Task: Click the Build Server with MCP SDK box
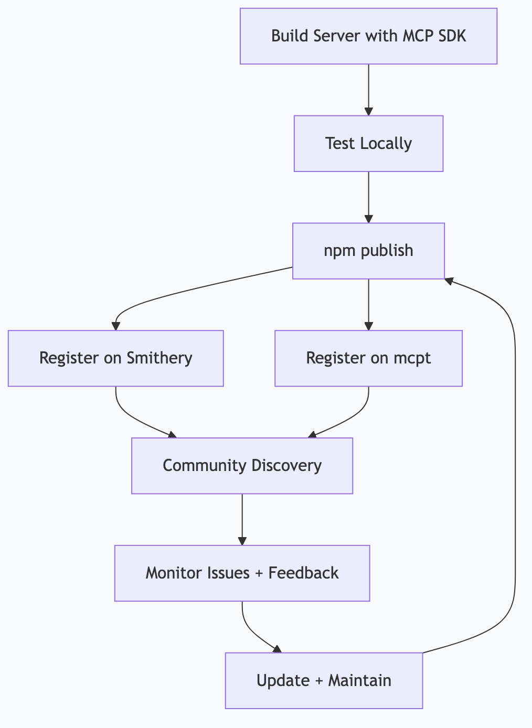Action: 368,36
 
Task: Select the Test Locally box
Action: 368,143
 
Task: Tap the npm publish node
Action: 368,251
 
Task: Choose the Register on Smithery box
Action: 115,358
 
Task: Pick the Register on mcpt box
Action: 368,358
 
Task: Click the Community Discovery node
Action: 242,466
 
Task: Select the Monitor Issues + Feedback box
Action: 242,573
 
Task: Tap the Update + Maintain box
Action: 324,680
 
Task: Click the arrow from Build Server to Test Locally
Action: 369,89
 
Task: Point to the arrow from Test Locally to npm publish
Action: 369,197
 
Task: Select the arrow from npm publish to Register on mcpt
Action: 369,304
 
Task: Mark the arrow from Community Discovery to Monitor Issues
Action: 242,519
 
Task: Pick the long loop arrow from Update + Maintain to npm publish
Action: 515,472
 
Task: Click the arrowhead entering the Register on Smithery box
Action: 116,326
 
